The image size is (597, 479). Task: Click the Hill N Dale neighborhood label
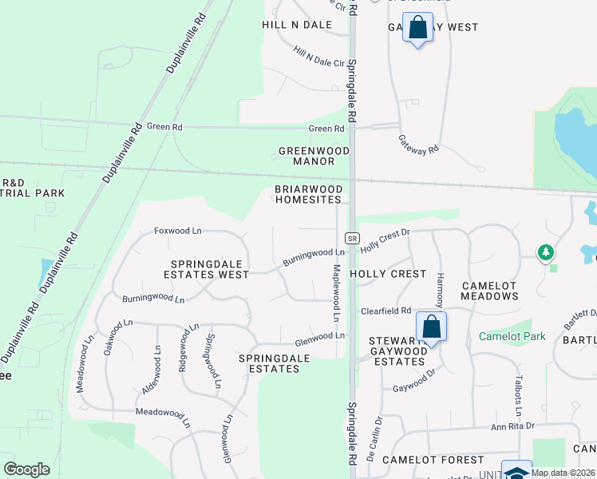(x=296, y=25)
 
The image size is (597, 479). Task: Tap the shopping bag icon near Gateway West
(x=417, y=29)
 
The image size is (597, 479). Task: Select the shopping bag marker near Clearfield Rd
(x=431, y=327)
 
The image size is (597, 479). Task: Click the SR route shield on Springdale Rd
(x=351, y=238)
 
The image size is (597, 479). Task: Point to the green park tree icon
(x=546, y=253)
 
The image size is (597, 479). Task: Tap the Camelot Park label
(x=512, y=336)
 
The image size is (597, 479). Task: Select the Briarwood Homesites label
(x=309, y=194)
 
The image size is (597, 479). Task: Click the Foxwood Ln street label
(x=177, y=231)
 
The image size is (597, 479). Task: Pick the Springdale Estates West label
(x=210, y=268)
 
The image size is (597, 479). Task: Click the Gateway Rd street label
(x=419, y=144)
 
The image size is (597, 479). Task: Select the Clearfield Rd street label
(x=385, y=311)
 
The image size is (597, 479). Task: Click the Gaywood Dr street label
(x=413, y=389)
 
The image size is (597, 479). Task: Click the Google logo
(x=26, y=469)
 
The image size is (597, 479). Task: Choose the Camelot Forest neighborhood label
(x=433, y=460)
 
